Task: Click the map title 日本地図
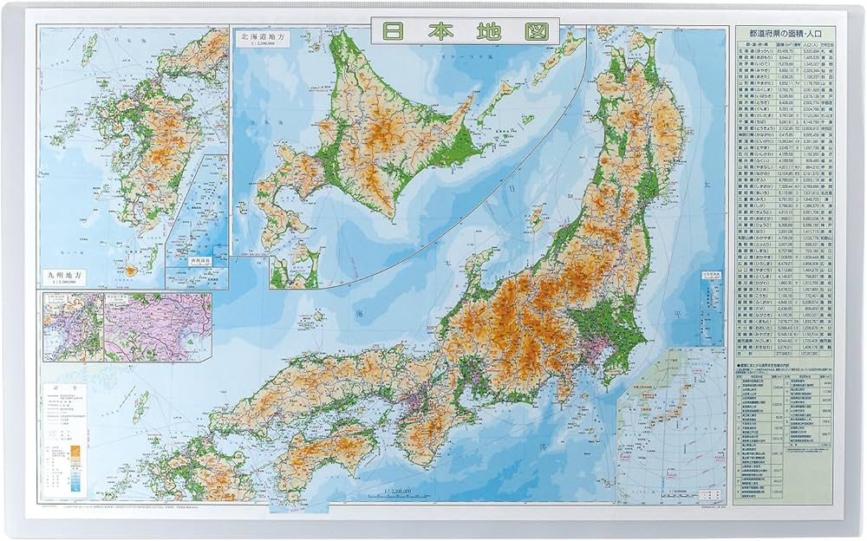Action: [465, 31]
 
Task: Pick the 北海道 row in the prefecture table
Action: [786, 51]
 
